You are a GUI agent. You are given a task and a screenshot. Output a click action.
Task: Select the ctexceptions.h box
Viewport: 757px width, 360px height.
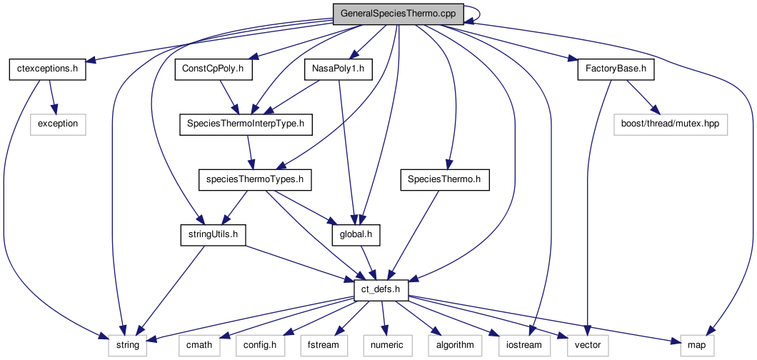point(48,70)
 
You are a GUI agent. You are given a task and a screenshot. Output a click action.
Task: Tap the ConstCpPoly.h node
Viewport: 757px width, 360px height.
point(213,70)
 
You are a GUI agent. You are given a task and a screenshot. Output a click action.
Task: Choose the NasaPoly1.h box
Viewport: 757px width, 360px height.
point(339,70)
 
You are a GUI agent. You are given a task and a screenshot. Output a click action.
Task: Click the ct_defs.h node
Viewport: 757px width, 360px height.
point(381,290)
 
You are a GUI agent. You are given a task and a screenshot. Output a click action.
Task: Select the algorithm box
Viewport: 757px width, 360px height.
point(451,345)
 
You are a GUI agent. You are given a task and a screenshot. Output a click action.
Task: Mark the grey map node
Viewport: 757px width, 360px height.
point(697,345)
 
